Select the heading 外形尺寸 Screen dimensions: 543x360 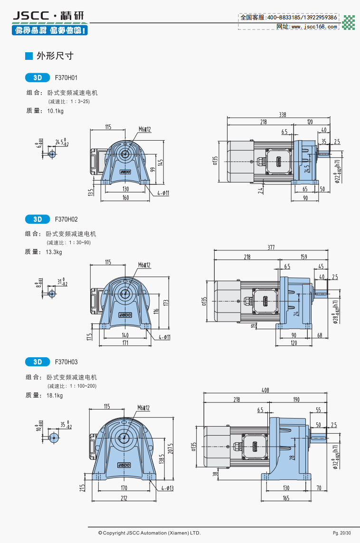click(x=55, y=56)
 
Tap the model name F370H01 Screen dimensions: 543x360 click(x=66, y=77)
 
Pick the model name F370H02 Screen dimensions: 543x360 click(x=66, y=219)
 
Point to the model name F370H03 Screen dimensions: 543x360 click(x=66, y=362)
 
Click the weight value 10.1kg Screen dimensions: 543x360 click(x=55, y=111)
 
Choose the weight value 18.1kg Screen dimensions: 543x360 click(x=55, y=395)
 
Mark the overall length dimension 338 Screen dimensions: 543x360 click(x=283, y=115)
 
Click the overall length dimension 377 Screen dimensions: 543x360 click(x=271, y=248)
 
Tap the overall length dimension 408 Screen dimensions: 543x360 click(x=265, y=390)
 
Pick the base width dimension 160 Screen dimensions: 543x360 click(x=125, y=198)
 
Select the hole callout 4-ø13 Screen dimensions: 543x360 click(x=166, y=488)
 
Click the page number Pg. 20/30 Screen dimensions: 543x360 click(x=342, y=533)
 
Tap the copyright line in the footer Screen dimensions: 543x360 click(x=149, y=533)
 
